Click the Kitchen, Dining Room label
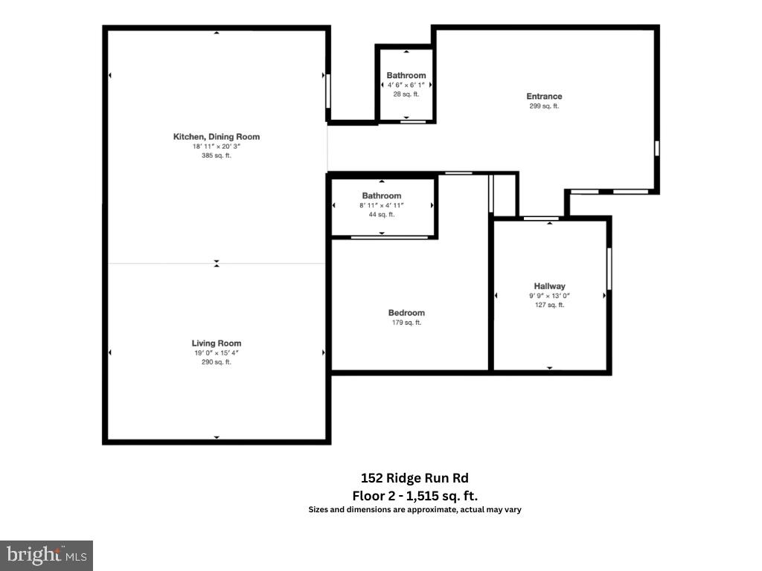pos(217,137)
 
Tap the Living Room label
pos(217,343)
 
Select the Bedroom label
pos(406,313)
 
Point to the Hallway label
pos(549,286)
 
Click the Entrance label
pos(544,97)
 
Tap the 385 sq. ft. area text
pos(217,155)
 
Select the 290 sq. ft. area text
pos(217,362)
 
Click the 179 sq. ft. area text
pos(406,323)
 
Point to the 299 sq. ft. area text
pos(544,106)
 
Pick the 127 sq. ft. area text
pos(549,305)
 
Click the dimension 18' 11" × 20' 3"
pos(217,146)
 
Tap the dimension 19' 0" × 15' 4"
pos(217,353)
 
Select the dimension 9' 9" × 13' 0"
pos(549,296)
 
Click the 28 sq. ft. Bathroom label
pos(406,75)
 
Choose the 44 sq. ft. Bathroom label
pos(382,196)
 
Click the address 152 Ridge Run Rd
pos(414,478)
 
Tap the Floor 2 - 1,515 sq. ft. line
pos(414,495)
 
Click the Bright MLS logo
pos(46,555)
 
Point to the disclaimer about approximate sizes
pos(414,509)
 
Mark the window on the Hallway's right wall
pos(609,268)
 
